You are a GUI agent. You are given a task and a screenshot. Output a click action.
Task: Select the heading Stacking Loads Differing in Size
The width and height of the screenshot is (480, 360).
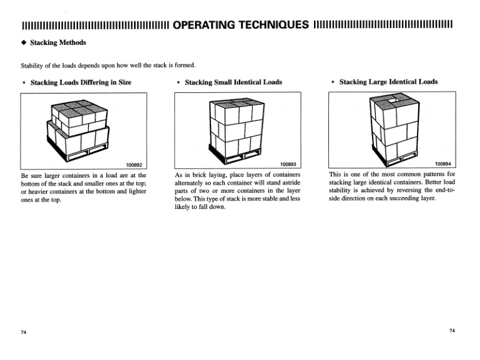pos(81,82)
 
